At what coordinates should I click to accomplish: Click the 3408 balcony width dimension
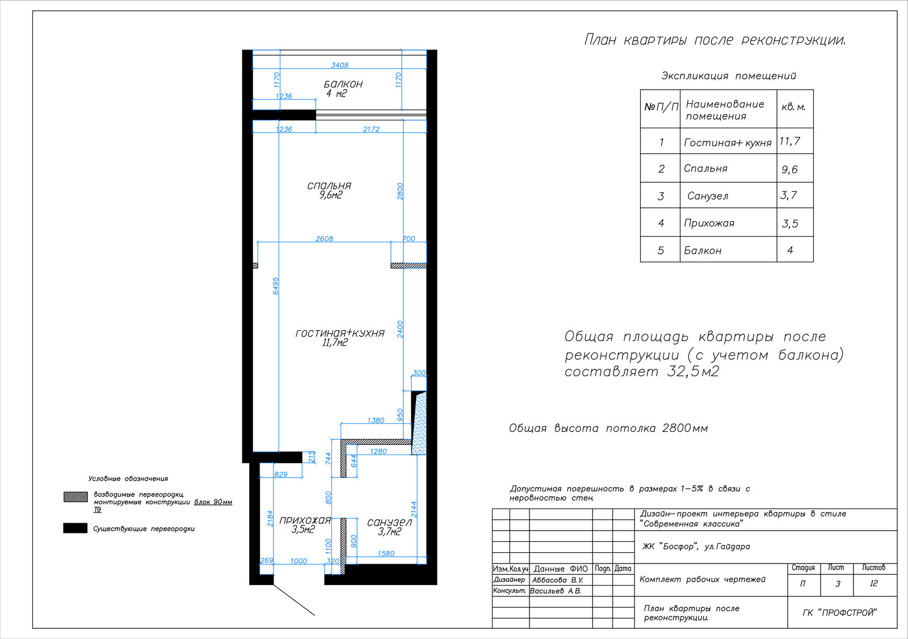pyautogui.click(x=340, y=65)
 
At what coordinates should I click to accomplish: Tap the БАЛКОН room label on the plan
pyautogui.click(x=343, y=84)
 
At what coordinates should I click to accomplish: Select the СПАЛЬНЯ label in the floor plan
pyautogui.click(x=329, y=186)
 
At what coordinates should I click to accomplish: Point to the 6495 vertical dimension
pyautogui.click(x=276, y=286)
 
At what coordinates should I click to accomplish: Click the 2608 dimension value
pyautogui.click(x=324, y=239)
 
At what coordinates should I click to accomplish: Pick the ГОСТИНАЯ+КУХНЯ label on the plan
pyautogui.click(x=340, y=333)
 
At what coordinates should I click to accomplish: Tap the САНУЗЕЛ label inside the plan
pyautogui.click(x=389, y=523)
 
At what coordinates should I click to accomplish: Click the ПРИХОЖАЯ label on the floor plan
pyautogui.click(x=305, y=520)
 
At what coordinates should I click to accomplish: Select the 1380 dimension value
pyautogui.click(x=375, y=421)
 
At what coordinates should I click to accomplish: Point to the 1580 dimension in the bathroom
pyautogui.click(x=386, y=553)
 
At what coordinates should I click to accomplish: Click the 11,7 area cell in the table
pyautogui.click(x=789, y=141)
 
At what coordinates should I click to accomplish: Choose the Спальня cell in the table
pyautogui.click(x=705, y=169)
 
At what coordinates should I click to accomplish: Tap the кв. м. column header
pyautogui.click(x=793, y=107)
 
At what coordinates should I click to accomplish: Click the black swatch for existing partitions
pyautogui.click(x=75, y=528)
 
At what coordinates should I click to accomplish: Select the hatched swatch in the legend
pyautogui.click(x=75, y=497)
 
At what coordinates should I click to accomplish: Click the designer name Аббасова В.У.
pyautogui.click(x=557, y=580)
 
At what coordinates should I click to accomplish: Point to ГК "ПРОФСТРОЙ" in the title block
pyautogui.click(x=839, y=613)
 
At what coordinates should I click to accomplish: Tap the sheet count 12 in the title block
pyautogui.click(x=873, y=583)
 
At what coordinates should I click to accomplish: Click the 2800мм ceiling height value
pyautogui.click(x=685, y=428)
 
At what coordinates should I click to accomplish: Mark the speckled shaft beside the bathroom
pyautogui.click(x=419, y=423)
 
